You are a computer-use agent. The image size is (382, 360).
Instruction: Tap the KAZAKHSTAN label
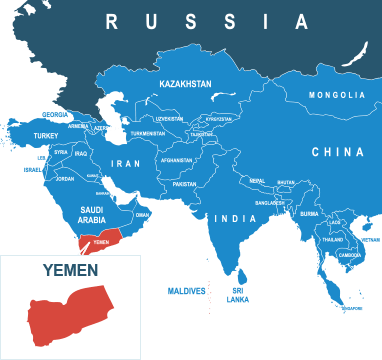coord(185,85)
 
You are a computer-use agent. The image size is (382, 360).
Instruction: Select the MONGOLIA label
coord(336,95)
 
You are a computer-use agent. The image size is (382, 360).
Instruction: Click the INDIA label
coord(236,218)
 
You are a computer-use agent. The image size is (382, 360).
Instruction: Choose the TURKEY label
coord(46,135)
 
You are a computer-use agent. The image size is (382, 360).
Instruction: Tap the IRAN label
coord(126,163)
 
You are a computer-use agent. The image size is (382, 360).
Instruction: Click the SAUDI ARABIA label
coord(92,215)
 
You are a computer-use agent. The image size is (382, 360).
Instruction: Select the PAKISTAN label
coord(184,184)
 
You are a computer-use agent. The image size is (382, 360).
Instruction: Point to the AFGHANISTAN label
coord(176,160)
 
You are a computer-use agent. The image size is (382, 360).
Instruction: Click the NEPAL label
coord(257,181)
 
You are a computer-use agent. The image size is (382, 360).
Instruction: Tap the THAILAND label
coord(332,240)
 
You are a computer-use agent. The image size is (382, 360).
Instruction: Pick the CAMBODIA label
coord(350,254)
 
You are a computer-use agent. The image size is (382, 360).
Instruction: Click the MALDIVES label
coord(186,291)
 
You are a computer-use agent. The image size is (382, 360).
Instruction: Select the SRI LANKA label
coord(238,294)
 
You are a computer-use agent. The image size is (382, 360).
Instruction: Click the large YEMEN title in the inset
coord(70,270)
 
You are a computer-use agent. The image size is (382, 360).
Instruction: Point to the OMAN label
coord(142,214)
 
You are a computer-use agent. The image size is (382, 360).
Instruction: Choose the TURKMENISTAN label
coord(148,133)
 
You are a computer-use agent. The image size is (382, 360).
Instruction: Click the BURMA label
coord(309,213)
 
